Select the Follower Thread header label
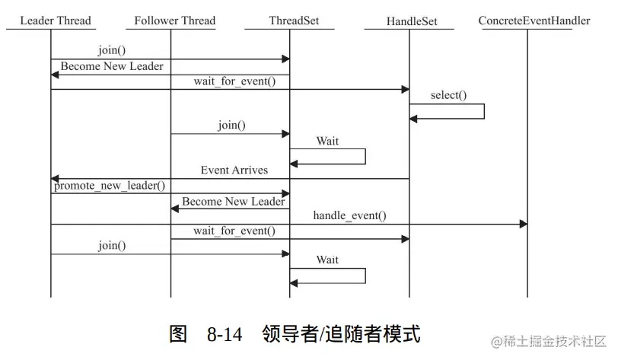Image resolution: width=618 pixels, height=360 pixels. (x=174, y=21)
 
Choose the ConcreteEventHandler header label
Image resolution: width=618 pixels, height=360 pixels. (x=534, y=21)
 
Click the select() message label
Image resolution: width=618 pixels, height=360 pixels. (x=448, y=95)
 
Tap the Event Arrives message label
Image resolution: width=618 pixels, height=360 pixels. (x=234, y=170)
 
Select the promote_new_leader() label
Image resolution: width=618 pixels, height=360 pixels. (x=110, y=185)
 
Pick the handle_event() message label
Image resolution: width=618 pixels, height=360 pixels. (x=349, y=215)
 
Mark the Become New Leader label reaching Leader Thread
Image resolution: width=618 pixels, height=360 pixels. (x=112, y=66)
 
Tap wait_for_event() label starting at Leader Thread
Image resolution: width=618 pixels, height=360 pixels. (x=234, y=81)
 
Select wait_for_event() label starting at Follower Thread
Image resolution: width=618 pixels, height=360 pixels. (x=234, y=230)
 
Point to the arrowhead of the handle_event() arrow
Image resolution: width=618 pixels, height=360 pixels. (x=524, y=224)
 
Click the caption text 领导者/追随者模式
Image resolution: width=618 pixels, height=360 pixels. (x=340, y=334)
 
